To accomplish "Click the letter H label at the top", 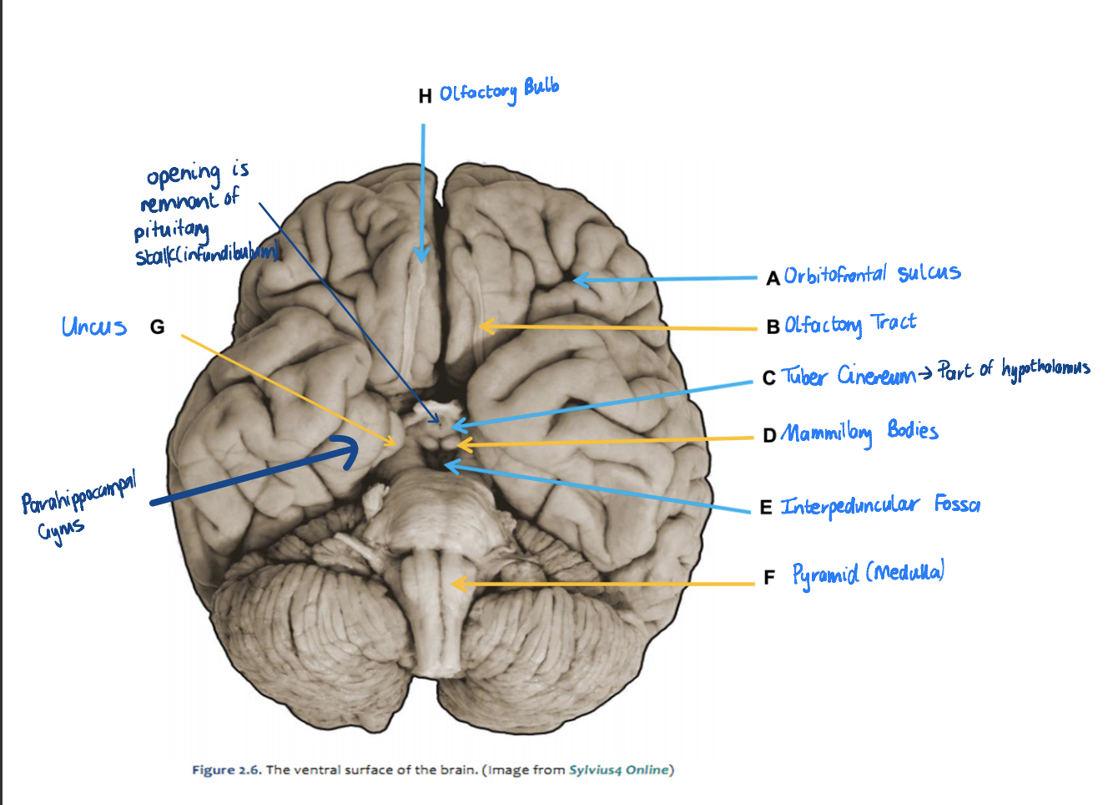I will (425, 96).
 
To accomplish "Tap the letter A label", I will (773, 278).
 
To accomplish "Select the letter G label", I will (157, 327).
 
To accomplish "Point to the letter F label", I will (769, 577).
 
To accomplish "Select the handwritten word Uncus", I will (93, 327).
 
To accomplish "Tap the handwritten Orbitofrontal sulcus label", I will (872, 275).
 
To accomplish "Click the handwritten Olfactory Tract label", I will (850, 324).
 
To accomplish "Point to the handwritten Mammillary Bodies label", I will (860, 433).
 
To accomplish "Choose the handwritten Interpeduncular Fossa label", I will (880, 505).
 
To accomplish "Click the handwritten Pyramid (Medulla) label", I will (868, 575).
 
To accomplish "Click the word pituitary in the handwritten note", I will (172, 230).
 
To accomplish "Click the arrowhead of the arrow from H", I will (423, 259).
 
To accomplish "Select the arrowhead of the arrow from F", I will (455, 584).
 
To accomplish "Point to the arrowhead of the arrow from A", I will (576, 280).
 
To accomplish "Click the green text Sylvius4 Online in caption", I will (619, 770).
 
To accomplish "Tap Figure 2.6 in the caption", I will (226, 770).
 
